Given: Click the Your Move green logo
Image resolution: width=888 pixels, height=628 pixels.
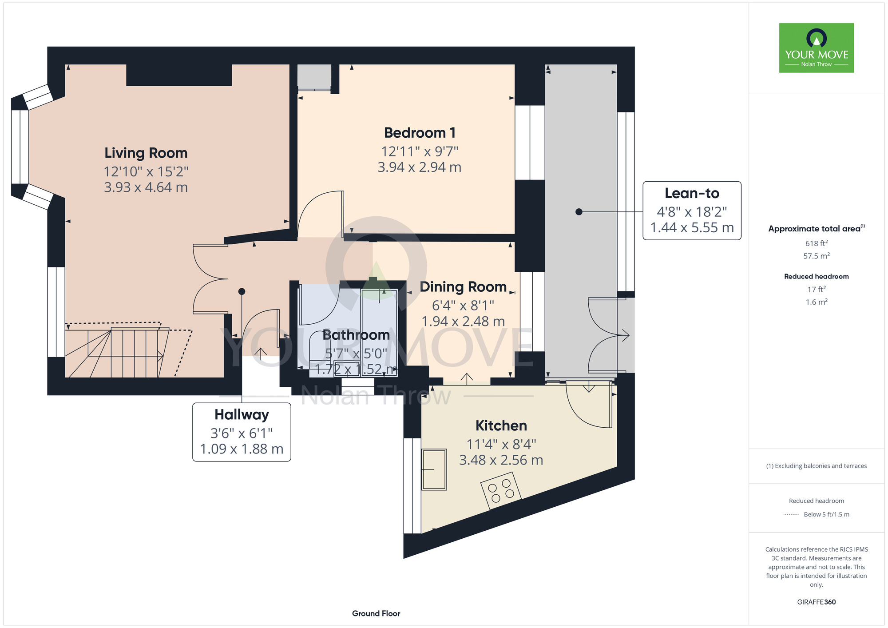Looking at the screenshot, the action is [816, 48].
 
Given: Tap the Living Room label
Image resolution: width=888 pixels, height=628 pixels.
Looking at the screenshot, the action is [146, 153].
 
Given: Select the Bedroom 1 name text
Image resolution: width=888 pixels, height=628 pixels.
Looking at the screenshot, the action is [420, 133].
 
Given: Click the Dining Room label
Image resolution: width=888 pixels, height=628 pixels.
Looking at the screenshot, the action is [463, 287].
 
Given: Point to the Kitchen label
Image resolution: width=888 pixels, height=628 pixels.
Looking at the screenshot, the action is [501, 425].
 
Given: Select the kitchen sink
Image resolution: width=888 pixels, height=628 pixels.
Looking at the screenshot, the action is [434, 469].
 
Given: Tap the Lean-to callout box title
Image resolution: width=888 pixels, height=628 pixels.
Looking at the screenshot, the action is [692, 193].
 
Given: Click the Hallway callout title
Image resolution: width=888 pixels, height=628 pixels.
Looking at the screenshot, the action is [242, 414].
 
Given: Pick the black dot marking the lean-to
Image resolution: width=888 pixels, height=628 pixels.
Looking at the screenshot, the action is [579, 212].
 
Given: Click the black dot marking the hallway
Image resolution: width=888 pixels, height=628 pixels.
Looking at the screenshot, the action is [242, 292].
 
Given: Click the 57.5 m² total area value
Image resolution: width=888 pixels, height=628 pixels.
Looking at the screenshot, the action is [816, 256].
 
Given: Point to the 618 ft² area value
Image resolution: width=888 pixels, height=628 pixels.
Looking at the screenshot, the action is [816, 243].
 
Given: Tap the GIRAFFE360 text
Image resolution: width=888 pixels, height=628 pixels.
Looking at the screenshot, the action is [816, 602].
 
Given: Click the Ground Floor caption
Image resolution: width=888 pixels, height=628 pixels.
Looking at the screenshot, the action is [376, 613].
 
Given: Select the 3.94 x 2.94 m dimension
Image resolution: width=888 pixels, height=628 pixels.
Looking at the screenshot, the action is [420, 167].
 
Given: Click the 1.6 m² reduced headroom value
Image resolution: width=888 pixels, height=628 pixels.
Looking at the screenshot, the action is [816, 302].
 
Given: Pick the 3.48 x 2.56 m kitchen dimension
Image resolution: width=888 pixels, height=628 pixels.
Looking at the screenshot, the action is [501, 460].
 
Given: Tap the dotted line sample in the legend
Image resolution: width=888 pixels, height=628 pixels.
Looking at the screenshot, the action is [791, 515].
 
